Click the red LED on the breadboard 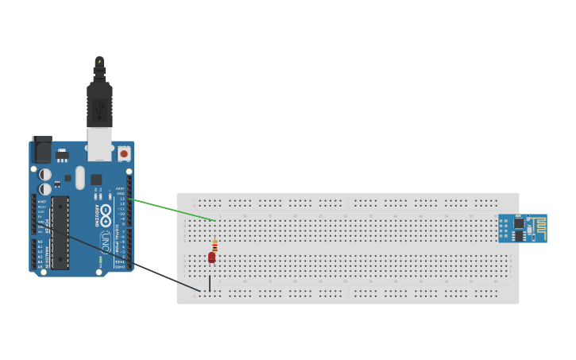(x=211, y=257)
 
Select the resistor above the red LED (x=215, y=246)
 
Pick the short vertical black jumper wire (x=210, y=283)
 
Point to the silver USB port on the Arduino (x=99, y=145)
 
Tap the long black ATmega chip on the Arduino (x=61, y=231)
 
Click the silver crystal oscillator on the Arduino (x=79, y=178)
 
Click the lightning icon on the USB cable (x=99, y=60)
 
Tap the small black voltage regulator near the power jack (x=62, y=155)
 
